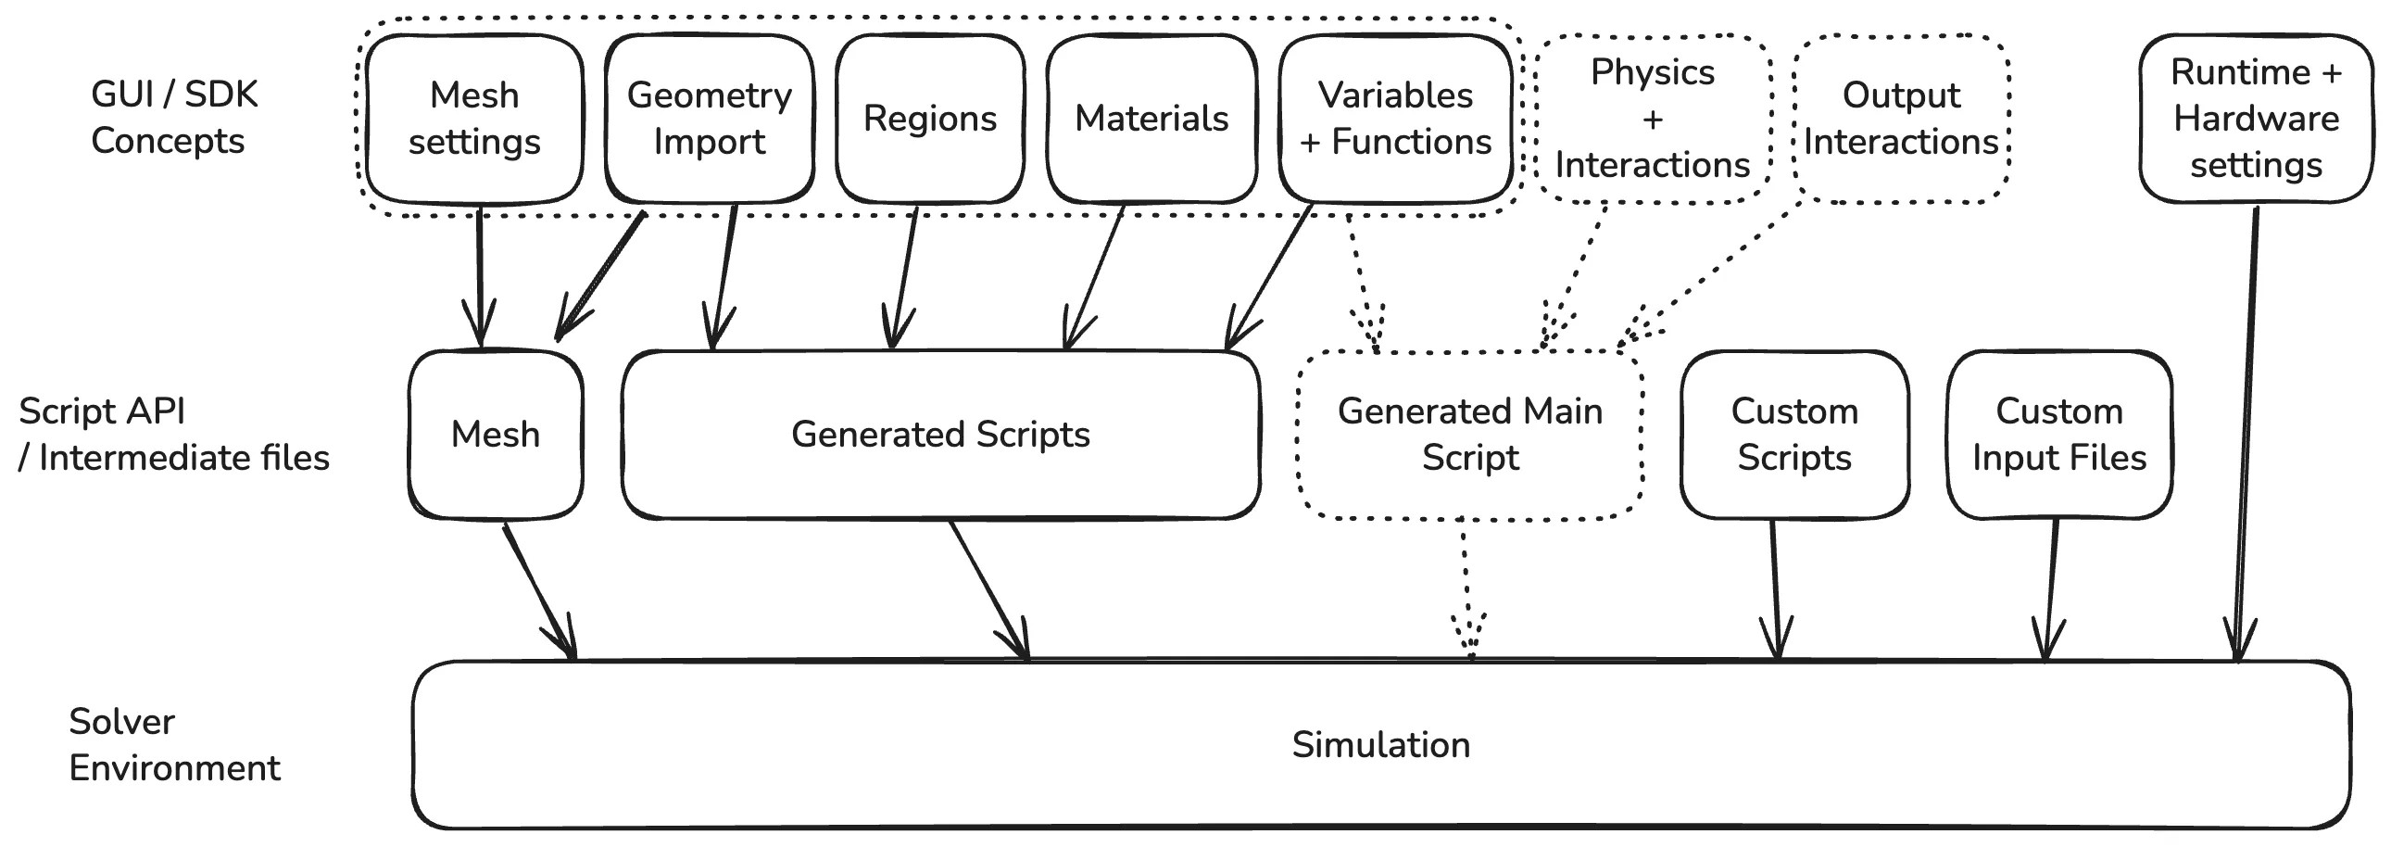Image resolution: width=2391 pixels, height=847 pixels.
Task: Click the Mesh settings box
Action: [x=474, y=119]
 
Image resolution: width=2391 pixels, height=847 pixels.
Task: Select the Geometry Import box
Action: [x=709, y=119]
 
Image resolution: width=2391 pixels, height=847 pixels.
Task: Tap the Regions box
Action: [x=930, y=119]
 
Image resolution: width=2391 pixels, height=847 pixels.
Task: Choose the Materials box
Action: [x=1151, y=119]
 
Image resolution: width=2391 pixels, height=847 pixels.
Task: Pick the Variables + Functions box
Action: [x=1395, y=119]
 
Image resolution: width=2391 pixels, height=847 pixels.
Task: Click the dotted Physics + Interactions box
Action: [x=1652, y=119]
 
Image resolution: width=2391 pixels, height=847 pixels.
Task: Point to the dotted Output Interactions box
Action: [x=1901, y=119]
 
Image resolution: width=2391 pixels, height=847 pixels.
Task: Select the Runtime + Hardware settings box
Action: [x=2256, y=119]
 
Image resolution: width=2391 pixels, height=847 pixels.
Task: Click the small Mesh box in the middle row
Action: [x=496, y=435]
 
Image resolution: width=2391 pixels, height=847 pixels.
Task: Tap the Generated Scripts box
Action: [x=940, y=435]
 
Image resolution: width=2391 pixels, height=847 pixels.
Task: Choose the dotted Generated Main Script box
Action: [x=1470, y=435]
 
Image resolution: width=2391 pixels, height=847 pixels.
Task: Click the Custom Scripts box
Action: [x=1794, y=435]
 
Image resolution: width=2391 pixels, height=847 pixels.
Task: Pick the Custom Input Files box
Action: [x=2059, y=435]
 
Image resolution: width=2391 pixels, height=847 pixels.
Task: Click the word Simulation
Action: [x=1381, y=745]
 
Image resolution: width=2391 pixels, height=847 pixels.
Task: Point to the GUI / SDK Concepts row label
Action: [x=173, y=118]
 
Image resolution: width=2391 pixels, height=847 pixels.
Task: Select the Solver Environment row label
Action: [x=173, y=745]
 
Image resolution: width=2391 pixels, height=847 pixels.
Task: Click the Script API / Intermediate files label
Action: [x=173, y=435]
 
